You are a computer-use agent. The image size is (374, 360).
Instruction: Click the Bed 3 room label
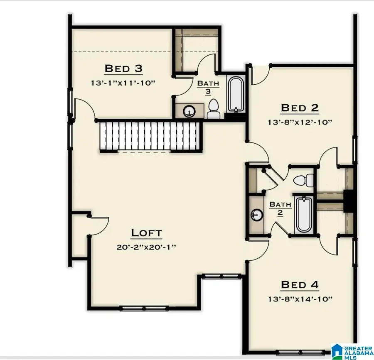(x=123, y=68)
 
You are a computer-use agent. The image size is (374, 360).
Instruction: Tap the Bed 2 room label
(x=300, y=108)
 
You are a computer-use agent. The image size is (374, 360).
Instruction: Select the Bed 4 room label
(x=300, y=284)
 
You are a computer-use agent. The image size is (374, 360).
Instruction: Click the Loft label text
(x=146, y=233)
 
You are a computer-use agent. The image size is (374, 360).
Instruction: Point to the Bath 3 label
(x=208, y=87)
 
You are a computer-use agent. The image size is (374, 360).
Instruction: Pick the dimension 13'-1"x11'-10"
(x=123, y=83)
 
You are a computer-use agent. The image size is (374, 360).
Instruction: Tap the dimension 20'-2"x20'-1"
(x=146, y=247)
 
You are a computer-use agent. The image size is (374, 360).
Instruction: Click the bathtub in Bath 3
(x=235, y=94)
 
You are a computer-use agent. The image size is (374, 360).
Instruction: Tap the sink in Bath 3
(x=190, y=110)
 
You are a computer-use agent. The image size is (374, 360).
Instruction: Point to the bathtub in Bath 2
(x=303, y=215)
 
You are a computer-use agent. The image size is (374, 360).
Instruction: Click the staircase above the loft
(x=150, y=136)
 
